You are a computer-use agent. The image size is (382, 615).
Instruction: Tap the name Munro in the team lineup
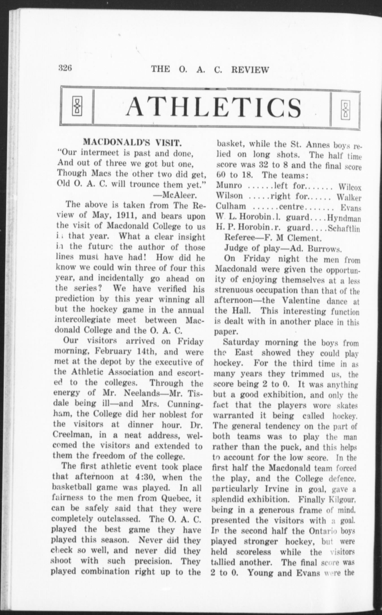point(229,186)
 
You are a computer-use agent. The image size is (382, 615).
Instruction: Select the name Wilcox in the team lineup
point(350,187)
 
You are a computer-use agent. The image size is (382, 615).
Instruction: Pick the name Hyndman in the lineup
point(344,218)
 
